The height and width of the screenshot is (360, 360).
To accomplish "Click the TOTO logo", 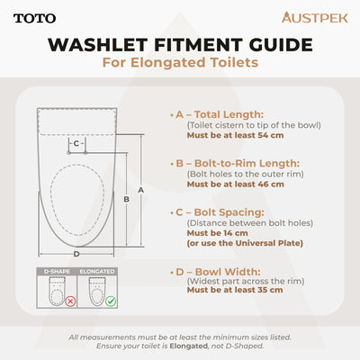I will tap(35, 17).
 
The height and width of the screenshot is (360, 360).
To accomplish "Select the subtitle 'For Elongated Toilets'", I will tap(179, 63).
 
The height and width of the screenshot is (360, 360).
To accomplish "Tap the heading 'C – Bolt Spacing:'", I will tap(217, 211).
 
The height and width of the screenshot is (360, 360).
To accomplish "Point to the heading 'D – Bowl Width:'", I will tap(214, 270).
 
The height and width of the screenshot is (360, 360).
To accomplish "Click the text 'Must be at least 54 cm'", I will tap(235, 135).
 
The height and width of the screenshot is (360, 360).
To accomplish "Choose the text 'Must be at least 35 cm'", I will tap(235, 290).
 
